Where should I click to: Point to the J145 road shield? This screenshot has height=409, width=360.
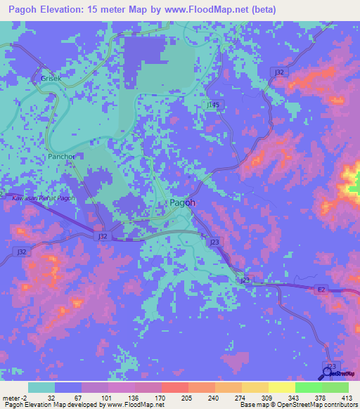[214, 104]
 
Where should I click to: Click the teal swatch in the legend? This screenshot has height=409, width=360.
[41, 387]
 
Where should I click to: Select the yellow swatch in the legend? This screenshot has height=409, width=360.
[282, 387]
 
